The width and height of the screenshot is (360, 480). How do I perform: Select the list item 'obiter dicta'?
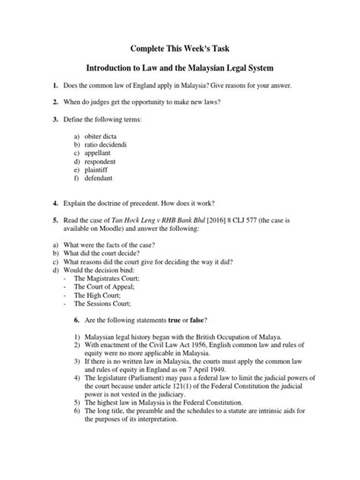point(103,135)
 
